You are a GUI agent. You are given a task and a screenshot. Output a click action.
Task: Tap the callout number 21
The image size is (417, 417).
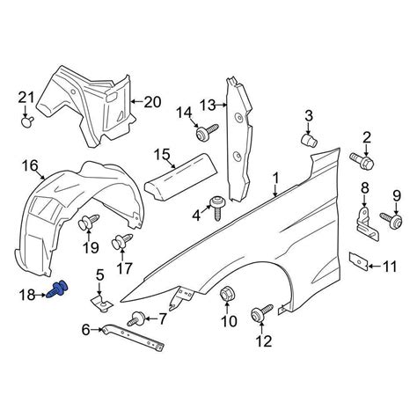coord(26,97)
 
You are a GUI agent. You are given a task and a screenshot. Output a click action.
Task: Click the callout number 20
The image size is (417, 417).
coord(152,102)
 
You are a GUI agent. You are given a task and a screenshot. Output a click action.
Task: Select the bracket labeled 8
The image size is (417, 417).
coord(364,220)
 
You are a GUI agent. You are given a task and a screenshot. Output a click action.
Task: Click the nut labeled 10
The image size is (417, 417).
coord(228,295)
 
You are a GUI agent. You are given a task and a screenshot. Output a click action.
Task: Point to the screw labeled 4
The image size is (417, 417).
coord(216,209)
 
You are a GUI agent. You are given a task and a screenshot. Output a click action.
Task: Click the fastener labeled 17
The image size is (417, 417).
coord(120,240)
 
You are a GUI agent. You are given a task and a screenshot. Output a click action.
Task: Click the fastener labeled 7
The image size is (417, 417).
coord(138,318)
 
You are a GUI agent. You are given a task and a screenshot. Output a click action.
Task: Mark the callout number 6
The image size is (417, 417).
coord(85,330)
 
